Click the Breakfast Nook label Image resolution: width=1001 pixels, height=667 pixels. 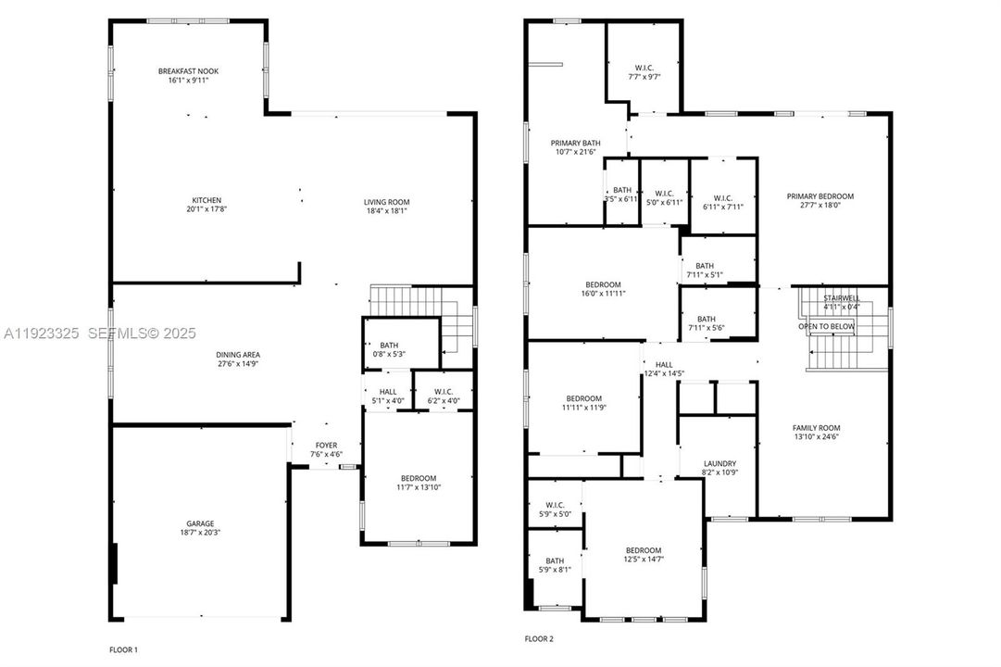[x=188, y=70]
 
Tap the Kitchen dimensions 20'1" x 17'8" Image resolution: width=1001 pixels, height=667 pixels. [x=206, y=210]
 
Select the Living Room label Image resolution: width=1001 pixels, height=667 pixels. [x=386, y=202]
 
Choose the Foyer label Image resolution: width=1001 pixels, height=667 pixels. [x=325, y=446]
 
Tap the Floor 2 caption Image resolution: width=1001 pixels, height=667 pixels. [x=539, y=639]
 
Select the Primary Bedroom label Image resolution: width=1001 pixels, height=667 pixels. [x=820, y=196]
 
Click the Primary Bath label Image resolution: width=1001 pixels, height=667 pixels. [x=576, y=143]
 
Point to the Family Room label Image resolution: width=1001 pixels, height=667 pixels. [x=815, y=427]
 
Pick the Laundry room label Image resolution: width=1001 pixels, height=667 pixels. [x=719, y=463]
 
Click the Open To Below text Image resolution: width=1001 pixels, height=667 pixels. [x=827, y=327]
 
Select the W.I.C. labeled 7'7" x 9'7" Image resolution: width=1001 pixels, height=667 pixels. [x=644, y=68]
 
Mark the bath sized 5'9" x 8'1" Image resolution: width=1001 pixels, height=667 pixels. [x=554, y=560]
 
